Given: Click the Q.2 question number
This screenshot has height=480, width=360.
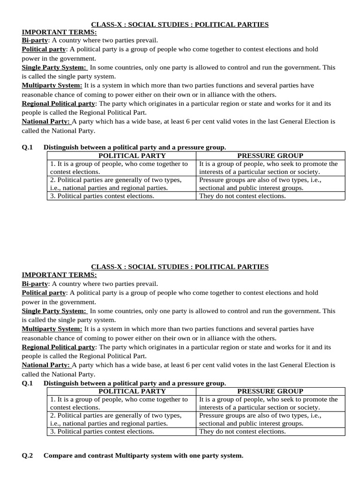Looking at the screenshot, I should (27, 455).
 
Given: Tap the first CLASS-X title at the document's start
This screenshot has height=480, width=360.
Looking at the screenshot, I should (180, 24).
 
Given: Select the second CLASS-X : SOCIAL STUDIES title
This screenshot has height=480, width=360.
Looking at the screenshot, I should (180, 266).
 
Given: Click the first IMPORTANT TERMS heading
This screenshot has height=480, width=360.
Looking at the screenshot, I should (59, 32).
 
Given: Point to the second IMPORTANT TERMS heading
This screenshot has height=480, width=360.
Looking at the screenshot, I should (59, 275).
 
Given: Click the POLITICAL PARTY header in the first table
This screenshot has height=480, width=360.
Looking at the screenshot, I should (121, 156).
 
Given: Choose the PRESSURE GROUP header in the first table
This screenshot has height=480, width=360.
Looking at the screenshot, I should (270, 156).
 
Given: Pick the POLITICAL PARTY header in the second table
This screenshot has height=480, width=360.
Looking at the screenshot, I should (121, 391).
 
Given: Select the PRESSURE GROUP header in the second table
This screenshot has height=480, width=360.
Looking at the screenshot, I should (270, 391).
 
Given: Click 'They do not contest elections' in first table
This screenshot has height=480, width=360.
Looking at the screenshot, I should (242, 196).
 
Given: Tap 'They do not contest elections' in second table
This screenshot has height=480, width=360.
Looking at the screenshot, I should (242, 431).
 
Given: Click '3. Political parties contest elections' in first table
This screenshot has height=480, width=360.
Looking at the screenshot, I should (102, 196).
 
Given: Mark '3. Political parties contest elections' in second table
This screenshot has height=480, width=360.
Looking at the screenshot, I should (102, 431).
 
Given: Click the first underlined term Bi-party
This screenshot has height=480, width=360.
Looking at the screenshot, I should (35, 41).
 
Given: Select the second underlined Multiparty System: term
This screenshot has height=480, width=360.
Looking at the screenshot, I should (52, 329).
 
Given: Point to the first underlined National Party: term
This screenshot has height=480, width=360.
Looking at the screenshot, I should (46, 121).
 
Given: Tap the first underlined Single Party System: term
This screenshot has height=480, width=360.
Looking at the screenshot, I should (54, 67).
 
